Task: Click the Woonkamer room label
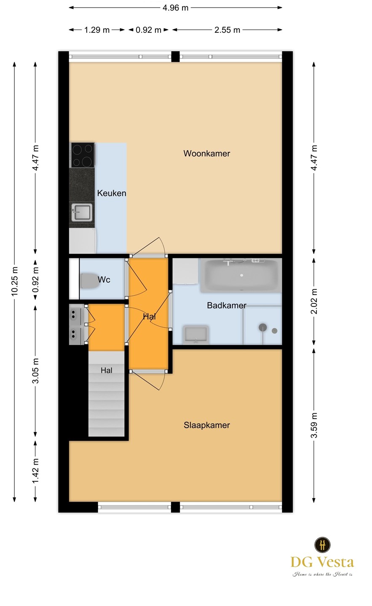[x=206, y=153]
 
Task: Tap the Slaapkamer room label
[x=206, y=425]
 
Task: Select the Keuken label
[x=112, y=193]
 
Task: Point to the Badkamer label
[x=227, y=306]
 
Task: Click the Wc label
[x=104, y=279]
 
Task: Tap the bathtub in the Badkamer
[x=241, y=275]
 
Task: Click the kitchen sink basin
[x=82, y=213]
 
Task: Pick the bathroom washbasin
[x=195, y=335]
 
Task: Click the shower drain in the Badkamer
[x=262, y=327]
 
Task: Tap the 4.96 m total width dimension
[x=175, y=8]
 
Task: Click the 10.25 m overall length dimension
[x=15, y=281]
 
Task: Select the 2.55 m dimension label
[x=227, y=30]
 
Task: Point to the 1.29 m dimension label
[x=97, y=30]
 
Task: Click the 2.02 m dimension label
[x=314, y=301]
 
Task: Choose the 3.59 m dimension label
[x=314, y=425]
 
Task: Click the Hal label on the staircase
[x=107, y=370]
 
